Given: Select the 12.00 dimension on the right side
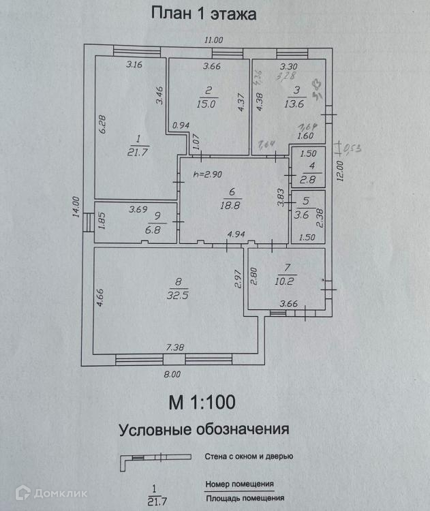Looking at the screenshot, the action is tap(340, 168).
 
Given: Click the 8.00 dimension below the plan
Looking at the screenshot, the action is tap(172, 373).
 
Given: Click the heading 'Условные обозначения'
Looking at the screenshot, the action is tap(204, 430).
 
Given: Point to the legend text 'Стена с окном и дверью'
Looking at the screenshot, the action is tap(249, 456).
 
